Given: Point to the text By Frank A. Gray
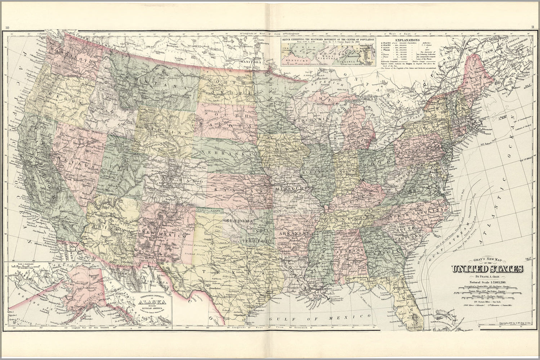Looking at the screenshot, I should pos(488,276).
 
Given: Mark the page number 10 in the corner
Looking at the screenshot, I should pos(8,27).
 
